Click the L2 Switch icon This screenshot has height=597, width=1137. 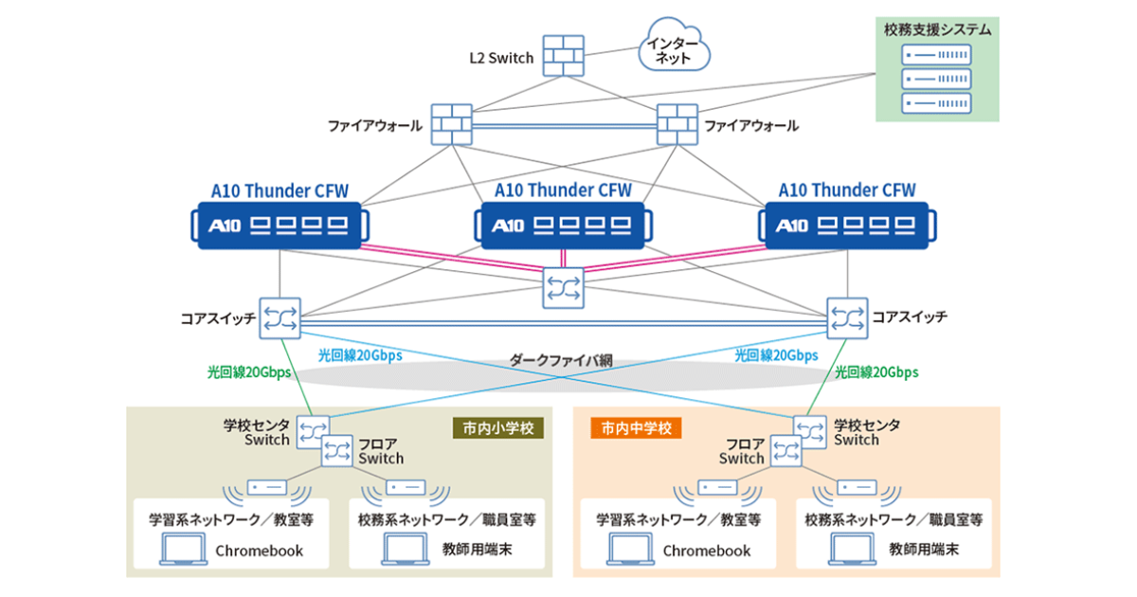tap(566, 57)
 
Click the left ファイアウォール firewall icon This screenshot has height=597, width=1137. tap(451, 124)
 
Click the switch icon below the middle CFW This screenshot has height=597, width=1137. tap(565, 287)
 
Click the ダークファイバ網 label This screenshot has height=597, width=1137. tap(561, 360)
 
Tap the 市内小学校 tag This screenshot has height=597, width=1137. tap(498, 428)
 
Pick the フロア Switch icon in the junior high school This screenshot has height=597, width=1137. tap(786, 451)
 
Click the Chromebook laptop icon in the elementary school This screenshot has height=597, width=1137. tap(178, 550)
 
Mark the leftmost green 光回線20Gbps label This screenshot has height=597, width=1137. tap(249, 372)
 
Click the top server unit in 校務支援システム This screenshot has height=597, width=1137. tap(935, 58)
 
